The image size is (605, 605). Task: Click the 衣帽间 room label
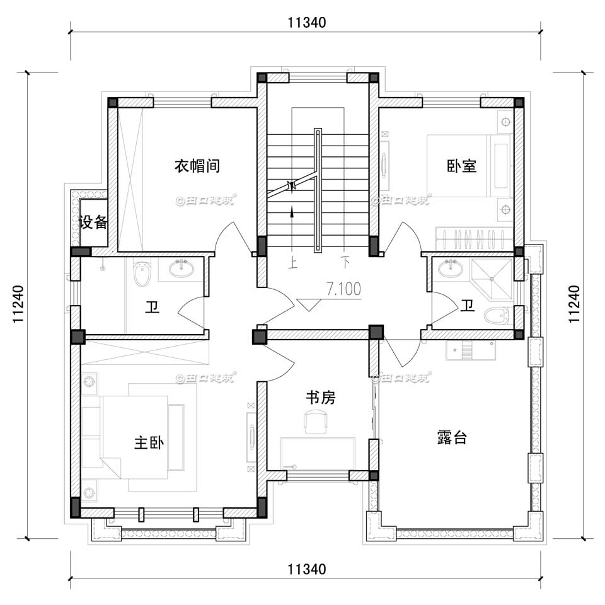point(197,166)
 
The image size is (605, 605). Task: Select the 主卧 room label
point(149,443)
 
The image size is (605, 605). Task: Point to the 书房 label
point(320,398)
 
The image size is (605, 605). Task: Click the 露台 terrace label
point(452,438)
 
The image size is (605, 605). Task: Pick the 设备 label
point(94,222)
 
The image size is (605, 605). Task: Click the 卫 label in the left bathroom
point(152,308)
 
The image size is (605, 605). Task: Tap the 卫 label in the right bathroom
point(467,306)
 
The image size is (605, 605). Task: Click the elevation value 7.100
point(343,289)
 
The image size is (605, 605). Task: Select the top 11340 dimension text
point(306,23)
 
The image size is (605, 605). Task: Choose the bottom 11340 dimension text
point(306,570)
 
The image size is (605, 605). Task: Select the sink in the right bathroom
point(451,270)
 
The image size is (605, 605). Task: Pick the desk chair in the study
point(316,420)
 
